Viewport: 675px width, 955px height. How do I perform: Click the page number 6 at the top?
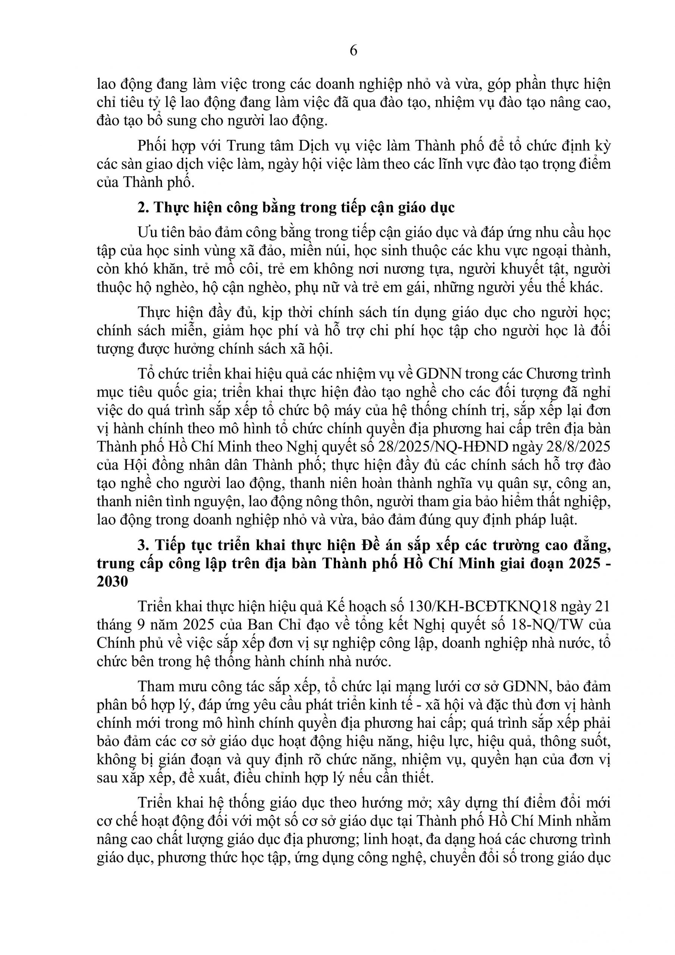pos(353,51)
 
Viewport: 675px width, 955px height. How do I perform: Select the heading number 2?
pos(143,207)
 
